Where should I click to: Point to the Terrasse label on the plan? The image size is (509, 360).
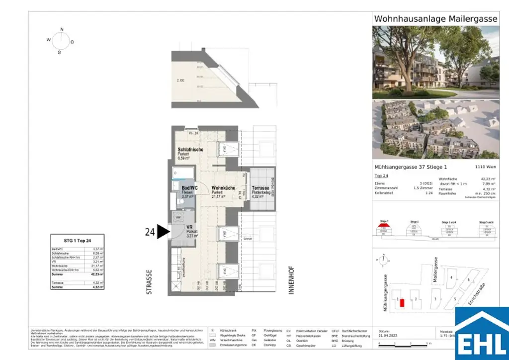(x=260, y=188)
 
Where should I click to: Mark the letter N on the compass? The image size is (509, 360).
(x=62, y=29)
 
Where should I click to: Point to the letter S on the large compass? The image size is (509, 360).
(x=59, y=52)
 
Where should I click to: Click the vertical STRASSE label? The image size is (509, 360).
(x=149, y=282)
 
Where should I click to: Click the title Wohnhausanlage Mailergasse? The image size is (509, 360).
(x=435, y=19)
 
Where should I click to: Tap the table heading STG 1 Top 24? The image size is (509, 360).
(x=78, y=241)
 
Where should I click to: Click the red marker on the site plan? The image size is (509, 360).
(x=402, y=303)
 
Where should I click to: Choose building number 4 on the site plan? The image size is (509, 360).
(x=451, y=277)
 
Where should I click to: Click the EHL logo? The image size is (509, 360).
(x=482, y=333)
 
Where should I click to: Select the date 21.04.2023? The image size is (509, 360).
(x=388, y=336)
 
